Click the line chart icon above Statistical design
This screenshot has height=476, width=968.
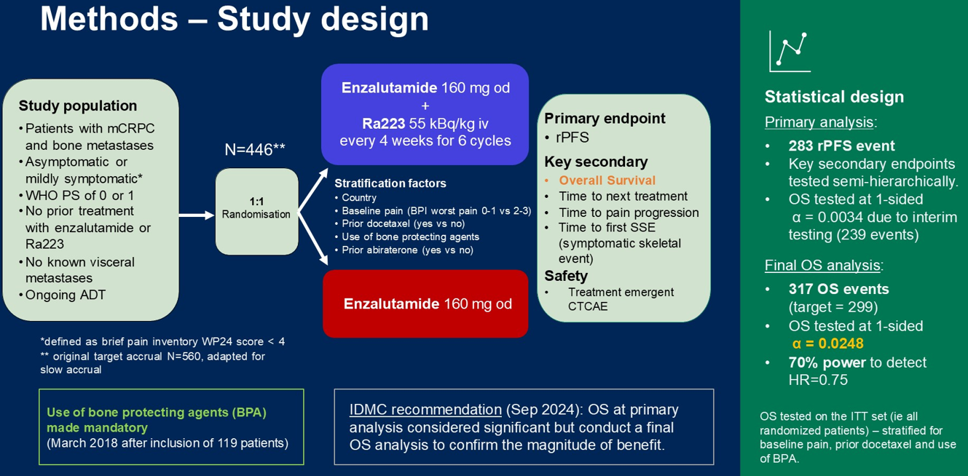(x=790, y=52)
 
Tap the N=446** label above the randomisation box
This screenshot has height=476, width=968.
(x=255, y=149)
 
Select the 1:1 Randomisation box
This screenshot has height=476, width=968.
(x=256, y=211)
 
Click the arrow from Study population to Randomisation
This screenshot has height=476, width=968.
(x=197, y=215)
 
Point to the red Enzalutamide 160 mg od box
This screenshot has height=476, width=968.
(x=425, y=304)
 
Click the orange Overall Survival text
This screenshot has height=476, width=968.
(x=607, y=180)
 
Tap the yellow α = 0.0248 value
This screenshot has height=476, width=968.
(x=827, y=344)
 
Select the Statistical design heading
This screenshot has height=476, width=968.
(x=834, y=97)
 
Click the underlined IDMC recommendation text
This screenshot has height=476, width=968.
(x=425, y=410)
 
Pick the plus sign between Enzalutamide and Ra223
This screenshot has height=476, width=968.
(x=425, y=106)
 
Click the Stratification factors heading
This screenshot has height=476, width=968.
(x=390, y=183)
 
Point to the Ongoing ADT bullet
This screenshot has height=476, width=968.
(x=66, y=295)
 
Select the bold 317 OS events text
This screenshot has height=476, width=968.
(x=838, y=289)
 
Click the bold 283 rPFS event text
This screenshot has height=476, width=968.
(x=841, y=146)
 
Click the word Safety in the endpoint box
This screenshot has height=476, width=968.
(x=566, y=276)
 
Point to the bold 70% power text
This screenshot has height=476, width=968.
(x=827, y=362)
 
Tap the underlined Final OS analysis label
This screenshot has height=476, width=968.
(x=822, y=265)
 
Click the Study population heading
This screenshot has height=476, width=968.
(x=78, y=106)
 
